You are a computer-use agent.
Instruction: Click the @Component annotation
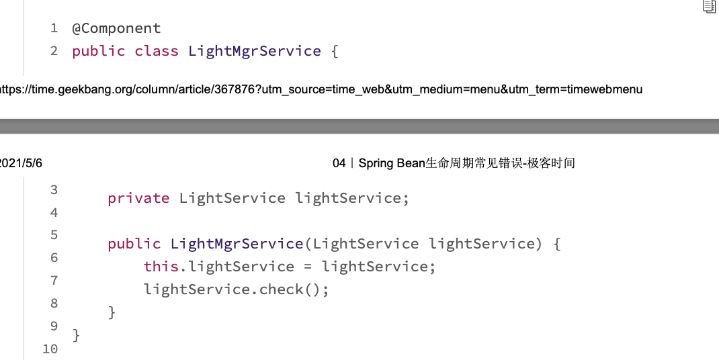116,28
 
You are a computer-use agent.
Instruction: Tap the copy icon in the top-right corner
709,7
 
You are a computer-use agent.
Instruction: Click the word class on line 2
156,51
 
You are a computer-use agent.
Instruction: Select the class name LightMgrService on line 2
255,51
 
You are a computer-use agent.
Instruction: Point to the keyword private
138,198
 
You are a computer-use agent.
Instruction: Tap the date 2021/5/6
21,163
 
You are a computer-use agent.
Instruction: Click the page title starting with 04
454,163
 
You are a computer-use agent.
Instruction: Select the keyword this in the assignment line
161,267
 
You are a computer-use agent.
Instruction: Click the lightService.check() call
237,289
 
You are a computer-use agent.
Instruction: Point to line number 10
50,349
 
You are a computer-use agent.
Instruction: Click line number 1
54,28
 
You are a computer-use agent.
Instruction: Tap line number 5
54,235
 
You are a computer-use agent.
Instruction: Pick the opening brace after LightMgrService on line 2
334,51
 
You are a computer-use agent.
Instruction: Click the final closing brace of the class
76,334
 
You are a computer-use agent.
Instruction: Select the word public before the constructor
134,244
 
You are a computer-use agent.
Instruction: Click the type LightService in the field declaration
232,198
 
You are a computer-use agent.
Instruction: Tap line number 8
54,304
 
